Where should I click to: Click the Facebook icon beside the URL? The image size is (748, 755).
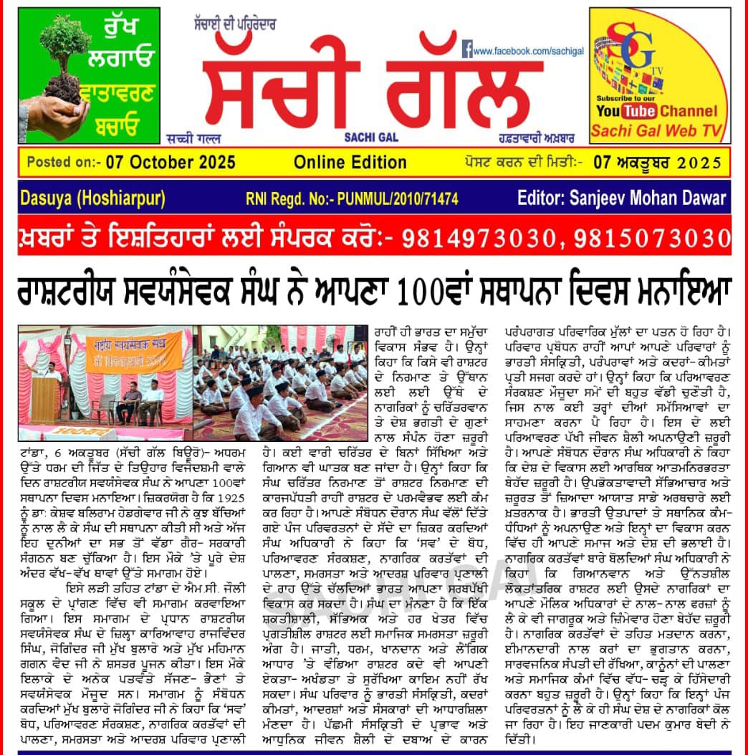point(466,50)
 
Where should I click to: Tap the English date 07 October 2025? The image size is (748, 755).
point(170,162)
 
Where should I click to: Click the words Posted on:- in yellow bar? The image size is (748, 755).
point(62,162)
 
